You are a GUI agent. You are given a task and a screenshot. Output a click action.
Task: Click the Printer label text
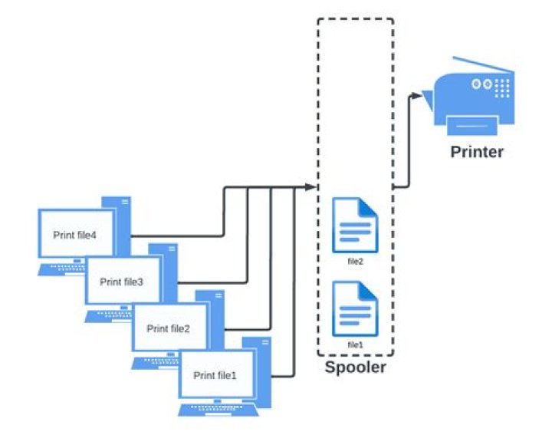pyautogui.click(x=476, y=151)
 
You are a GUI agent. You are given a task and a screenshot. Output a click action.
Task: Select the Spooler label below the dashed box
pyautogui.click(x=355, y=367)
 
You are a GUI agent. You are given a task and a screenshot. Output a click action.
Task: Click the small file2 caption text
pyautogui.click(x=355, y=261)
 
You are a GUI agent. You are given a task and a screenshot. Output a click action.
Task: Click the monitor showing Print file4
pyautogui.click(x=75, y=234)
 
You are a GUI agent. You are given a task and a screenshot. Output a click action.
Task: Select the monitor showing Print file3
pyautogui.click(x=122, y=282)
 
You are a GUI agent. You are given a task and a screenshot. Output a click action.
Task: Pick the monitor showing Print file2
pyautogui.click(x=169, y=328)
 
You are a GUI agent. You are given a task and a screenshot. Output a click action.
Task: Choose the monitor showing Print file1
pyautogui.click(x=215, y=375)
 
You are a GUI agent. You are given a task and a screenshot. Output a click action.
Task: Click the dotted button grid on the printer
pyautogui.click(x=502, y=88)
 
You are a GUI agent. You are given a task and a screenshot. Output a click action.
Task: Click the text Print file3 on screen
pyautogui.click(x=122, y=282)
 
